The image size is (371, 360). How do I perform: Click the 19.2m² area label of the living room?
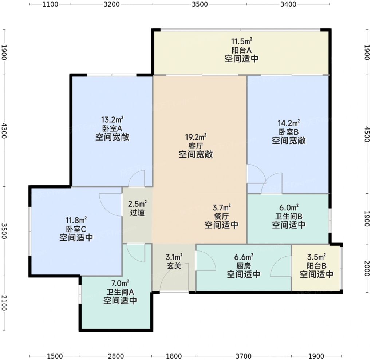[x=196, y=137]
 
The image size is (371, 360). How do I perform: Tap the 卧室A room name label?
[x=112, y=128]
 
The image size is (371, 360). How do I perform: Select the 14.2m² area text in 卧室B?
[x=289, y=123]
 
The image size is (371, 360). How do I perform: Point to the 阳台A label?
[x=241, y=50]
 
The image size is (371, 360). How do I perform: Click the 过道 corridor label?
[x=137, y=213]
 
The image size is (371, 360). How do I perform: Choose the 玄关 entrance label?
[x=174, y=266]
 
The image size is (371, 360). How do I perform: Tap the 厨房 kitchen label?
[x=244, y=266]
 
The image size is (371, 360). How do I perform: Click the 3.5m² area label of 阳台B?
[x=317, y=257]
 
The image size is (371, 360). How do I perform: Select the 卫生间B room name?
[x=289, y=216]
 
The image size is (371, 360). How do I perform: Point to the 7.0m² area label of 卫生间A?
[x=120, y=283]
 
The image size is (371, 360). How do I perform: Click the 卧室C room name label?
[x=76, y=229]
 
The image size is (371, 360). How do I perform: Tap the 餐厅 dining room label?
[x=221, y=216]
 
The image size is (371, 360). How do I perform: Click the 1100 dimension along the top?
[x=50, y=4]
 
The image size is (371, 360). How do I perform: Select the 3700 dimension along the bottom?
[x=244, y=356]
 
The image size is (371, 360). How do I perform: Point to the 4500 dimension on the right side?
[x=367, y=134]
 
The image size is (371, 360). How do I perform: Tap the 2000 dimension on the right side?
[x=367, y=268]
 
